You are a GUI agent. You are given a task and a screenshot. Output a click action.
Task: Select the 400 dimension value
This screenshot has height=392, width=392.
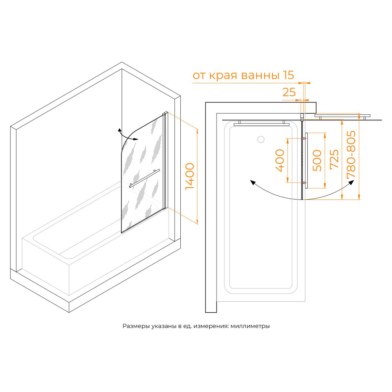280,160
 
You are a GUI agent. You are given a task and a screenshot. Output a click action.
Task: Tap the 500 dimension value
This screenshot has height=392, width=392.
317,160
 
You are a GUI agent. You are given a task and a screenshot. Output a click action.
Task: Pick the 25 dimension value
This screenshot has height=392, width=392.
289,92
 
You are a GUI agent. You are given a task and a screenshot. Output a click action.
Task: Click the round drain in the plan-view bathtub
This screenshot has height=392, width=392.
261,139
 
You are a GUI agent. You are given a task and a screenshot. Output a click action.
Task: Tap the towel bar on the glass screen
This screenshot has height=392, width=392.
145,178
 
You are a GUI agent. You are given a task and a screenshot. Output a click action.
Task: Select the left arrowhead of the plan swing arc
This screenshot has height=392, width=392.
253,183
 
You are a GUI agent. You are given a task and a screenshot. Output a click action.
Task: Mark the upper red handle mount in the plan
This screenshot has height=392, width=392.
304,139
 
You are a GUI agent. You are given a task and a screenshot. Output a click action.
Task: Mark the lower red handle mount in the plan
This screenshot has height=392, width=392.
304,182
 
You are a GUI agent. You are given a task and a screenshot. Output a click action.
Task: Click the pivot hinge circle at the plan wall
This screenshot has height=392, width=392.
302,115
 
